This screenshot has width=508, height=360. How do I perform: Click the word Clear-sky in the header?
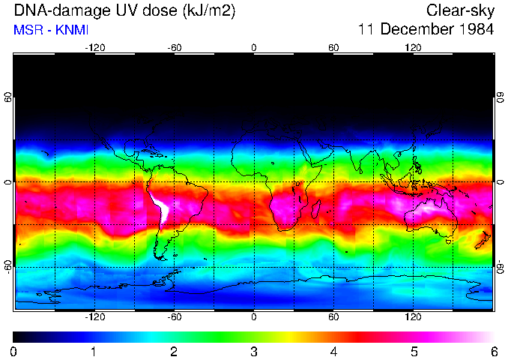point(460,10)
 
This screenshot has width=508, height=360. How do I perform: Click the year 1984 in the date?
point(474,30)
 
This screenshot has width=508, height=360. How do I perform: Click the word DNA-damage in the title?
point(52,10)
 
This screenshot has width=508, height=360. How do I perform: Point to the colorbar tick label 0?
point(14,351)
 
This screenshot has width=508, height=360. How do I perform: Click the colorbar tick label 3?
point(254,351)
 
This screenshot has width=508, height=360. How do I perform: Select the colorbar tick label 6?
point(494,351)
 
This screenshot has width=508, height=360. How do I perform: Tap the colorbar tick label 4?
point(334,351)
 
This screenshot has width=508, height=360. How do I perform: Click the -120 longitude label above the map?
point(94,47)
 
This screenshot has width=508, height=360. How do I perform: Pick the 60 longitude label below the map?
point(333,316)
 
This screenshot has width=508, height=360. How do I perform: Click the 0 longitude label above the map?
point(254,47)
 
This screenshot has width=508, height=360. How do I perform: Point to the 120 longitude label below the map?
point(413,316)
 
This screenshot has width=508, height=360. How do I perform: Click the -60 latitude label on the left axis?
point(7,266)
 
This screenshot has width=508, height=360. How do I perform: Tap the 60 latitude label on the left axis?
point(7,97)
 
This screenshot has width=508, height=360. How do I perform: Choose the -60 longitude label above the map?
point(174,47)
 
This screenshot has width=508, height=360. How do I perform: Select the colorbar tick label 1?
point(94,351)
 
